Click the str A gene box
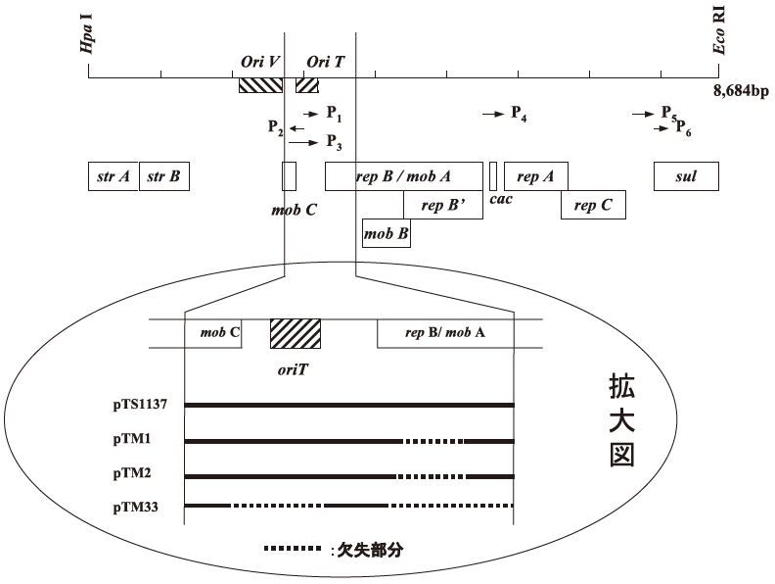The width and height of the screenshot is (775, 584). [x=114, y=176]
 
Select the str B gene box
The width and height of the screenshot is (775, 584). [x=163, y=176]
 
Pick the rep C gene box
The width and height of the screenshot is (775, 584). [x=592, y=205]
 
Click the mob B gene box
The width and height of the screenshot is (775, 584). [x=386, y=233]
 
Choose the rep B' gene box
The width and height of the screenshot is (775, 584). [x=442, y=205]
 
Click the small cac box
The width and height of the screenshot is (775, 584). [x=493, y=176]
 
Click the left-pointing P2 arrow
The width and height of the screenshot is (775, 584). [x=296, y=128]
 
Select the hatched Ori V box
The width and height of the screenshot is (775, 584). [x=260, y=85]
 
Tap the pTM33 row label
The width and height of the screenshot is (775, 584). [x=136, y=507]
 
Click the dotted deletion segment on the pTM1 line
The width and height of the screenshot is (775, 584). [x=433, y=441]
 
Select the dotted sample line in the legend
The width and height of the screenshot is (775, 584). [x=292, y=549]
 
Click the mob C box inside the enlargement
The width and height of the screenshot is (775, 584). [x=213, y=332]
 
